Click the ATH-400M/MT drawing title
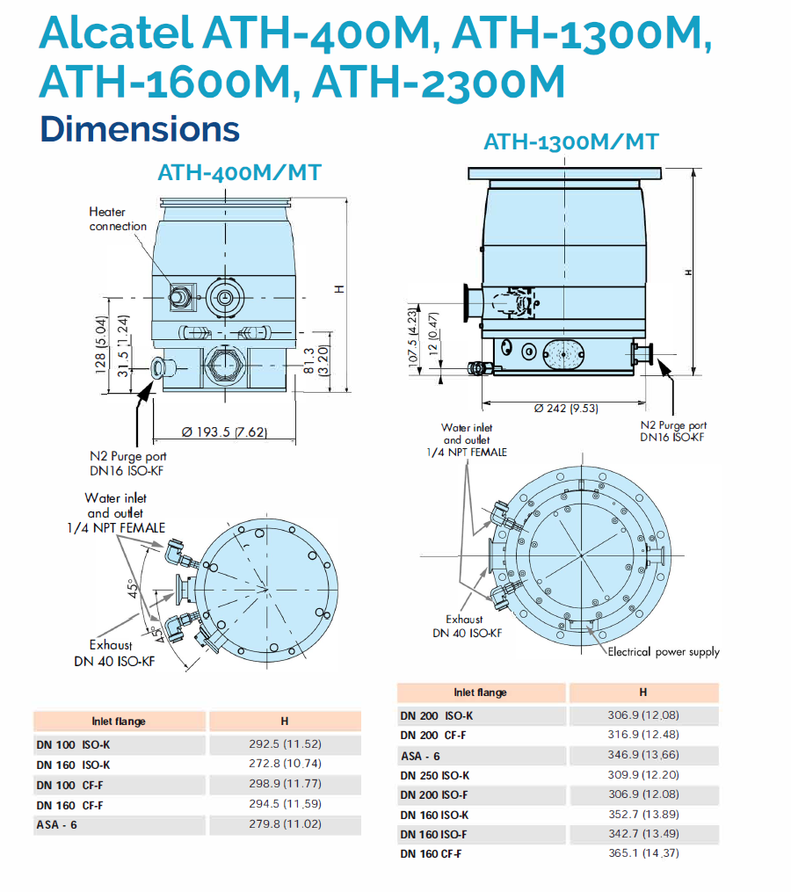coord(238,172)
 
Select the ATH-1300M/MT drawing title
coord(571,141)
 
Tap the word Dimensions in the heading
coord(140,128)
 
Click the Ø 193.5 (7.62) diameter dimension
coord(224,431)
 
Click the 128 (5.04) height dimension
coord(101,344)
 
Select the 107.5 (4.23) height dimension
coord(411,339)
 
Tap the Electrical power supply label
coord(664,651)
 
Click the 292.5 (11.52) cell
coord(285,744)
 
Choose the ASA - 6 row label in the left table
coord(57,825)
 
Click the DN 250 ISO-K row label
coord(435,775)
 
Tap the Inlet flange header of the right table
coord(480,693)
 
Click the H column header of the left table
coord(285,722)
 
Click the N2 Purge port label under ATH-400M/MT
coord(128,463)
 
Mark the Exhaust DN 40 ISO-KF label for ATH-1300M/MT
coord(467,626)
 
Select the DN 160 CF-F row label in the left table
coord(70,805)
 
